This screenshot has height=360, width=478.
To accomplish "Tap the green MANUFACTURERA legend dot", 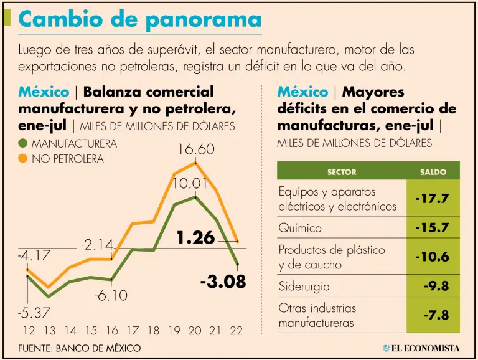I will pyautogui.click(x=23, y=144).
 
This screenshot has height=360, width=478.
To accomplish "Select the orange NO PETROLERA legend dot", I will pyautogui.click(x=23, y=158).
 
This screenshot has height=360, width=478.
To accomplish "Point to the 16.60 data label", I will pyautogui.click(x=197, y=149).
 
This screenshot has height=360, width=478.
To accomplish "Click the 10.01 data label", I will pyautogui.click(x=189, y=184).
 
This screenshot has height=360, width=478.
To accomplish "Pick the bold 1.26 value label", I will pyautogui.click(x=195, y=237).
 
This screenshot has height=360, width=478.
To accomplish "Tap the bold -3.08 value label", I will pyautogui.click(x=223, y=281).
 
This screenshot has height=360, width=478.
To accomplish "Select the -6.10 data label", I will pyautogui.click(x=111, y=296).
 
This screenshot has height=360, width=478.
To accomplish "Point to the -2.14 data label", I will pyautogui.click(x=96, y=245).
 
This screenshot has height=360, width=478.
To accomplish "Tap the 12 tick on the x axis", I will pyautogui.click(x=28, y=330).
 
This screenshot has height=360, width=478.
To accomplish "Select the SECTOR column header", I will pyautogui.click(x=342, y=171).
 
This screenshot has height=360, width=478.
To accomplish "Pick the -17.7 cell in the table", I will pyautogui.click(x=432, y=199).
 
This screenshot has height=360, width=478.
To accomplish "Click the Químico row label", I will pyautogui.click(x=301, y=228).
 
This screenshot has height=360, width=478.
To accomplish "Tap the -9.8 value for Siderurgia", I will pyautogui.click(x=436, y=286).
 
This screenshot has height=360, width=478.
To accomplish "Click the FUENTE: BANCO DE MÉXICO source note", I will pyautogui.click(x=80, y=348).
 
